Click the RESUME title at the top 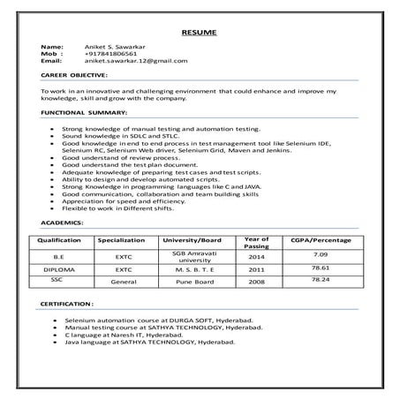click(199, 32)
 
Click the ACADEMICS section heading click(63, 223)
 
